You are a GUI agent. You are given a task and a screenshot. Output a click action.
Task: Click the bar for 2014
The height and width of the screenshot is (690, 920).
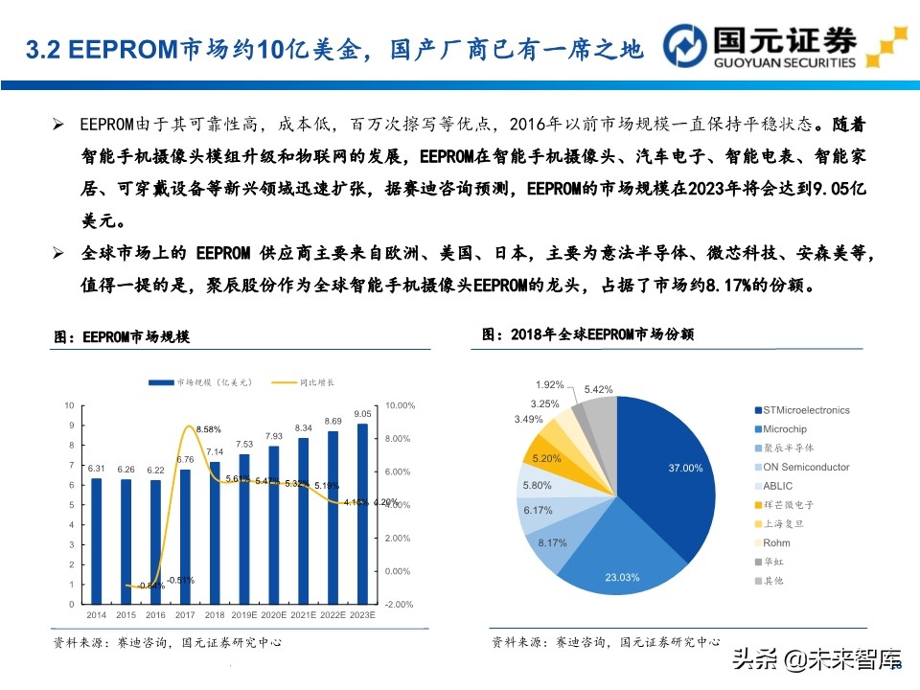click(x=96, y=541)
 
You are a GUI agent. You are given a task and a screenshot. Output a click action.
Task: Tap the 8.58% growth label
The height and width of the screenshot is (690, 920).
click(x=208, y=428)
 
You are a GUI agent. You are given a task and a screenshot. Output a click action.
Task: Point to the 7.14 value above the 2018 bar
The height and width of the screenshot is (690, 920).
click(x=215, y=451)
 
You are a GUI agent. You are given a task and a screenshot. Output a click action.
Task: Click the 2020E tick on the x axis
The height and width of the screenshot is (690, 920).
click(x=273, y=613)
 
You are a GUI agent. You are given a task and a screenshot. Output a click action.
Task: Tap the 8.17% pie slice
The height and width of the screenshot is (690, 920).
click(x=556, y=540)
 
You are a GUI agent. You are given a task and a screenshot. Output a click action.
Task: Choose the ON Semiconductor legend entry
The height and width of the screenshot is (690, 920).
click(x=805, y=467)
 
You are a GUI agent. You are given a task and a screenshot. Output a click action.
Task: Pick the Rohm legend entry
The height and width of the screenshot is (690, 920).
click(x=776, y=542)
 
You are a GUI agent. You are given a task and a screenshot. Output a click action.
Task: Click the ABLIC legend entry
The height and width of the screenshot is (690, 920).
click(x=778, y=486)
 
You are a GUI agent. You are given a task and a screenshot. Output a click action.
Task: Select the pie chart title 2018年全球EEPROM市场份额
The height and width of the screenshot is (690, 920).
click(x=587, y=334)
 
